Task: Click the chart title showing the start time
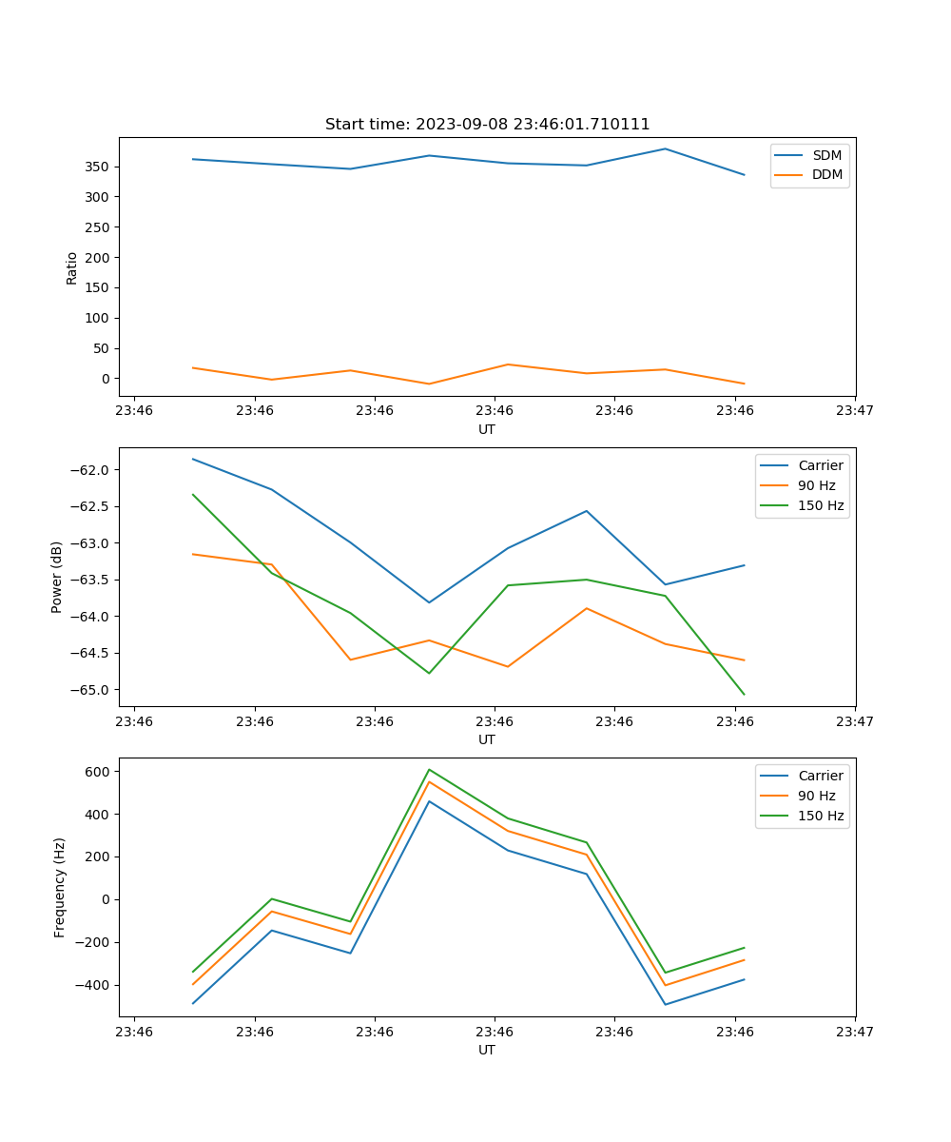pyautogui.click(x=487, y=124)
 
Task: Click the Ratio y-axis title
pyautogui.click(x=71, y=267)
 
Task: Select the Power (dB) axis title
pyautogui.click(x=57, y=577)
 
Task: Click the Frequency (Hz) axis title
pyautogui.click(x=59, y=887)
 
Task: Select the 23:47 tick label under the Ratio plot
pyautogui.click(x=855, y=411)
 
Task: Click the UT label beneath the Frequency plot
pyautogui.click(x=487, y=1050)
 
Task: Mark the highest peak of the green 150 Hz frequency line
pyautogui.click(x=430, y=769)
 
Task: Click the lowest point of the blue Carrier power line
pyautogui.click(x=429, y=602)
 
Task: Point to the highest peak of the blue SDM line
pyautogui.click(x=666, y=148)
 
